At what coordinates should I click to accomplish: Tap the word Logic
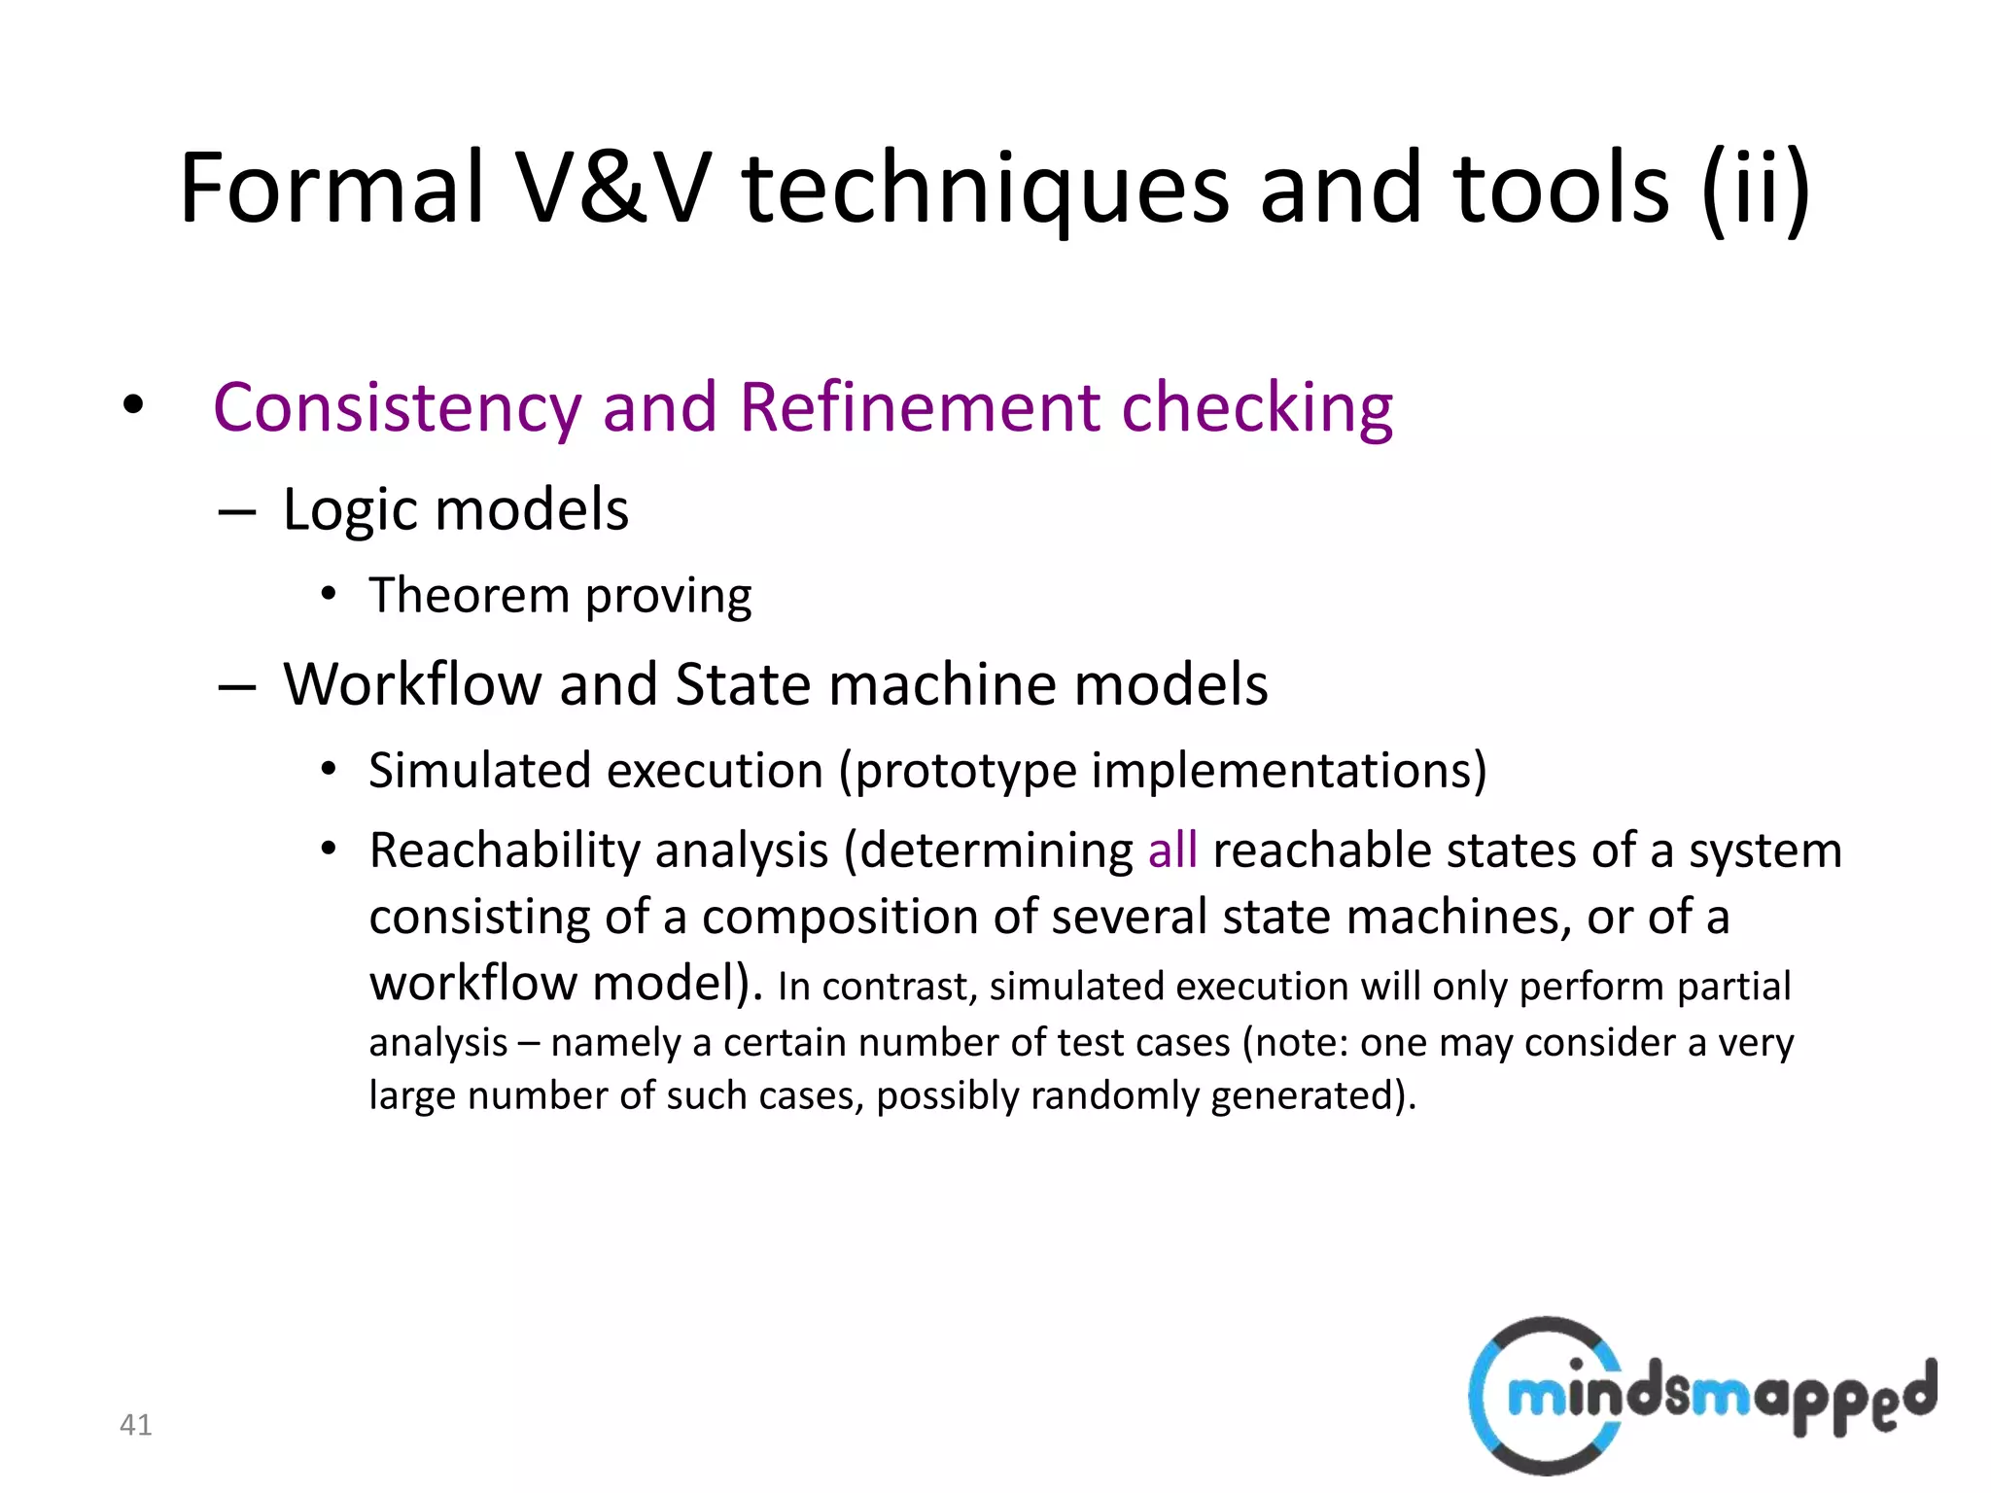[349, 509]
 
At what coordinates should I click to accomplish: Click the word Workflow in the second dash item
[412, 684]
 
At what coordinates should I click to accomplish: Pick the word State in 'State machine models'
[743, 684]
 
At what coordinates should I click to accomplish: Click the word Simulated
[480, 771]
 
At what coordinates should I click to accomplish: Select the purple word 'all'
[1171, 851]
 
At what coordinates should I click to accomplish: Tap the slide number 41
[135, 1425]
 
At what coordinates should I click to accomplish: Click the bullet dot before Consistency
[133, 405]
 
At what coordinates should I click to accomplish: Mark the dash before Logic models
[237, 511]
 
